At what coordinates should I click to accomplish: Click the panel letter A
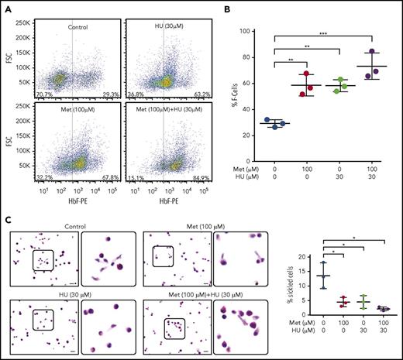tap(7, 6)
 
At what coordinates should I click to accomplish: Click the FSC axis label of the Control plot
tap(9, 54)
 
